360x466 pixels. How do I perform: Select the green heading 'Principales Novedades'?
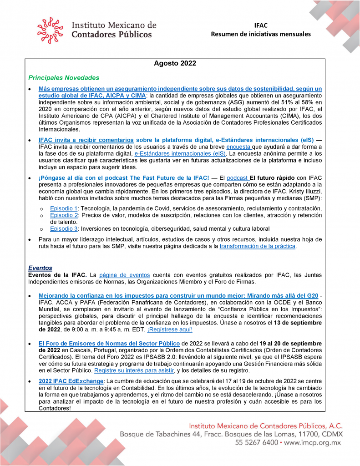coord(64,78)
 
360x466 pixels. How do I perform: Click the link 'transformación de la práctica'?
coord(257,246)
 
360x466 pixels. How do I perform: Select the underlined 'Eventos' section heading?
coord(40,268)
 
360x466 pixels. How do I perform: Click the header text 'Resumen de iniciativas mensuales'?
coord(261,34)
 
